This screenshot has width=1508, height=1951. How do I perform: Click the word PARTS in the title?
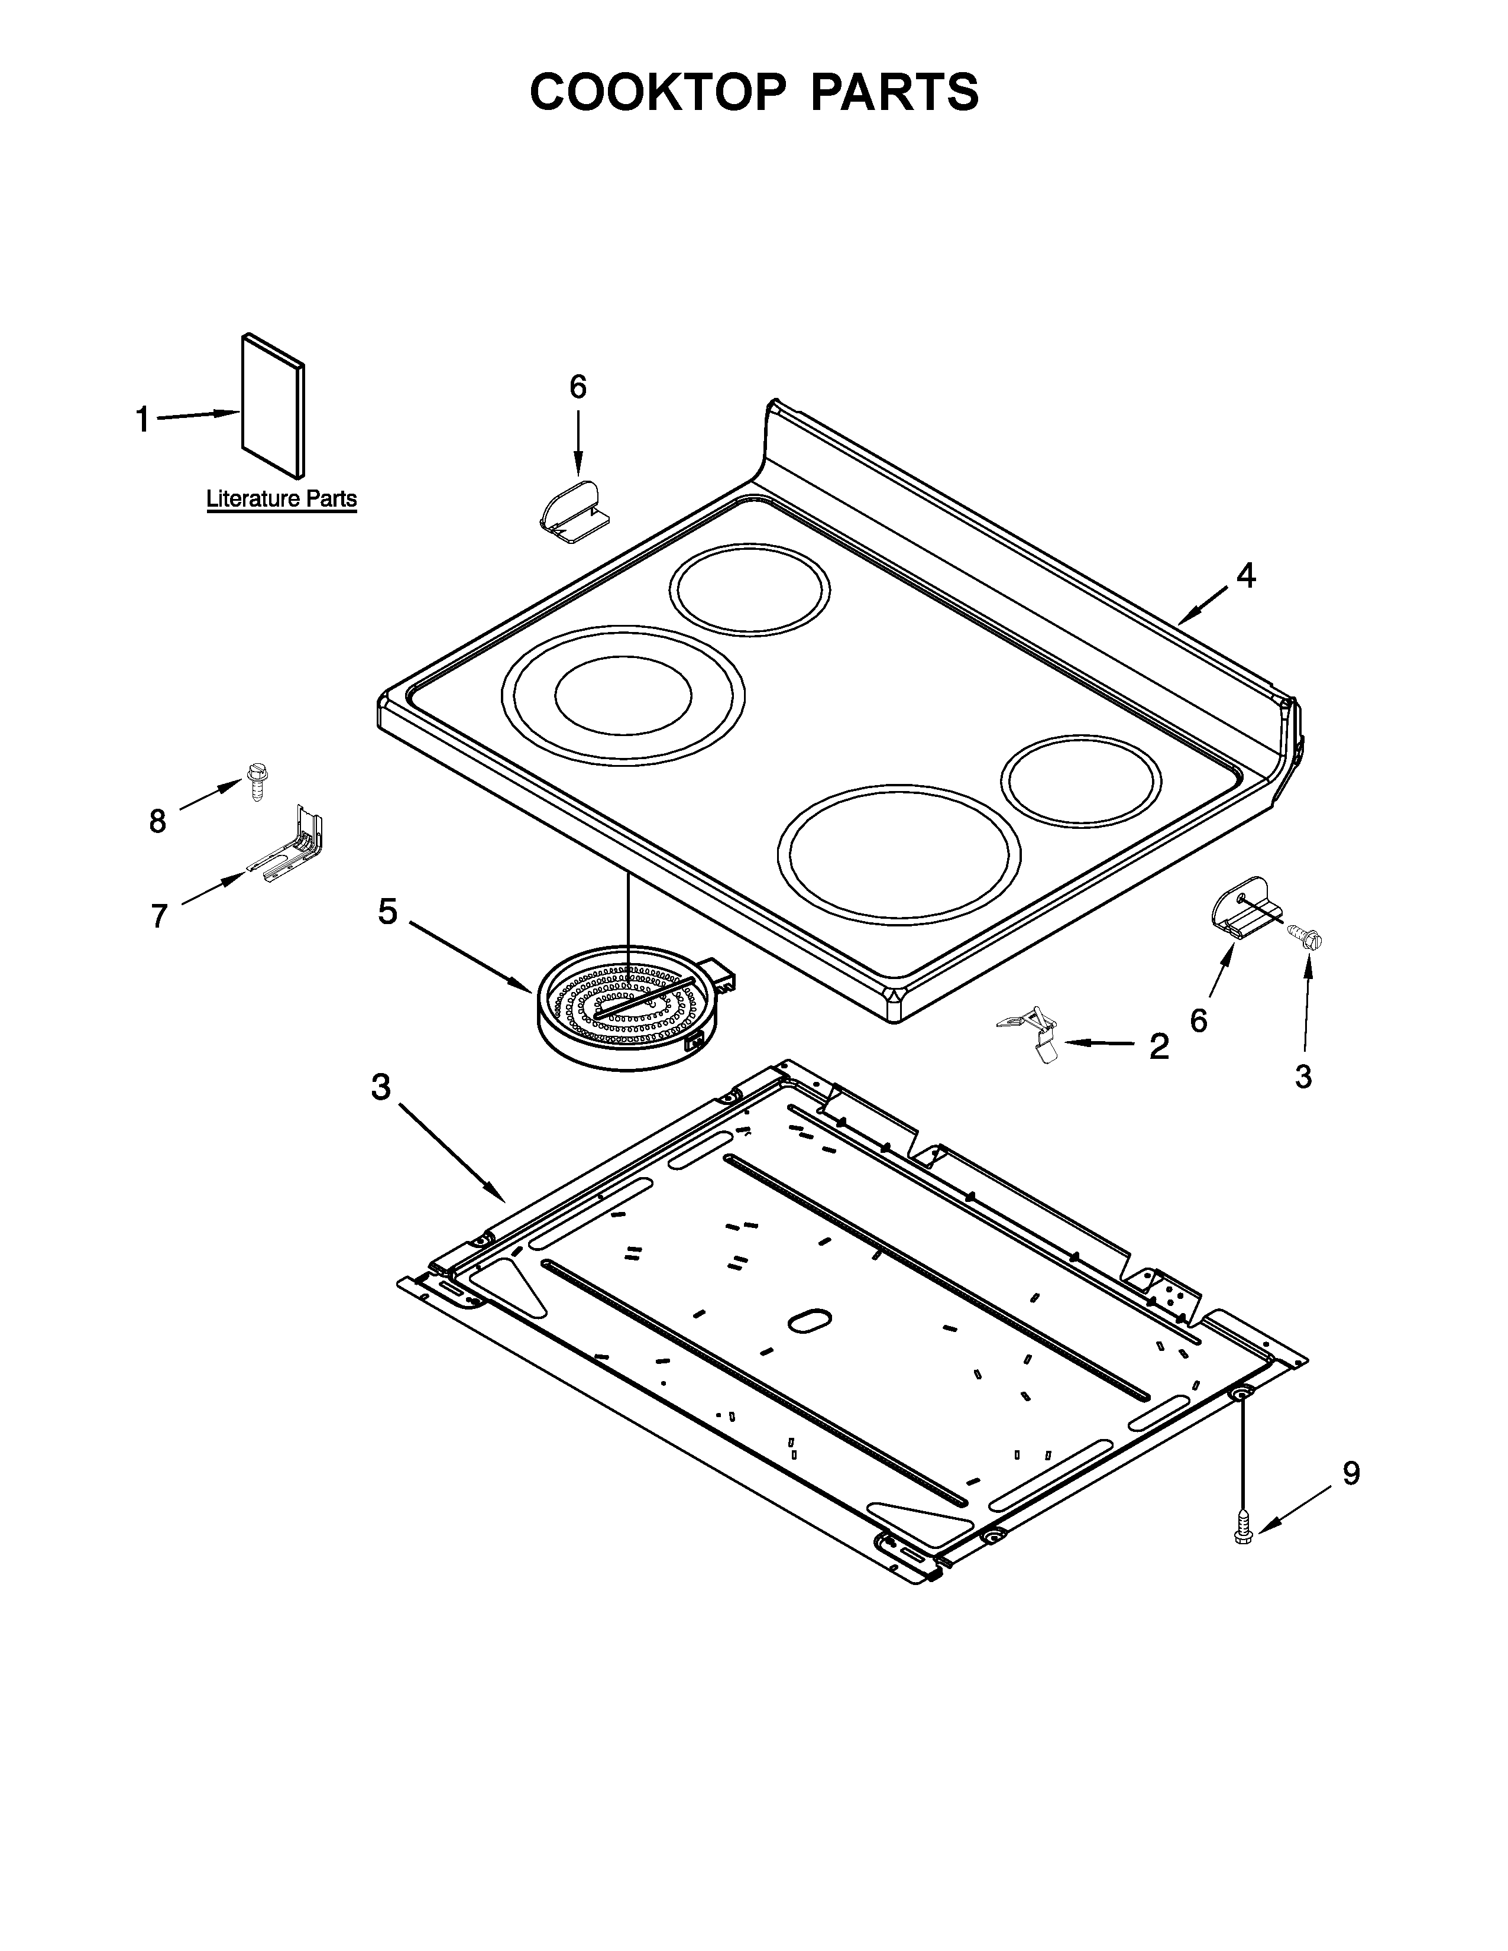(x=894, y=92)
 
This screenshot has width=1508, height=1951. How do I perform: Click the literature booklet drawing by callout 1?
(x=273, y=407)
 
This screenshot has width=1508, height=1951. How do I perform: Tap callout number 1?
(x=142, y=419)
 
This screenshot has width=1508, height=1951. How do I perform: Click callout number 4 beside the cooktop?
(x=1245, y=576)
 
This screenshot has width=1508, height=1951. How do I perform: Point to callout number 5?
(x=387, y=912)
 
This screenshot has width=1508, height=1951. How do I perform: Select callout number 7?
(x=159, y=916)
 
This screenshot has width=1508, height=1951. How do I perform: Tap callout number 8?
(x=158, y=821)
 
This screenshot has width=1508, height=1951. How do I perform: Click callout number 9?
(x=1351, y=1473)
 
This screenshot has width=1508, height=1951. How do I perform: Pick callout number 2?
(x=1158, y=1047)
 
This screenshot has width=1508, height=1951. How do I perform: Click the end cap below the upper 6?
(x=574, y=513)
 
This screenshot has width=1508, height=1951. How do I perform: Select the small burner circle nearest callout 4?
(x=1081, y=780)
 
